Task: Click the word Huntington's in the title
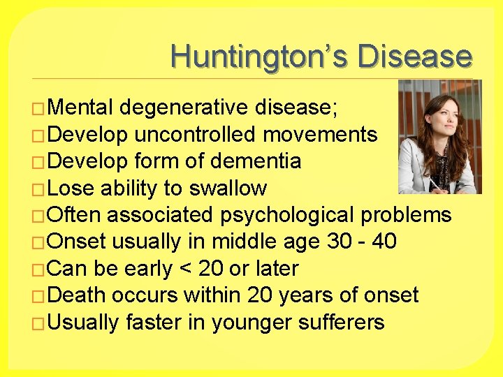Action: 259,57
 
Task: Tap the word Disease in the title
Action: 414,57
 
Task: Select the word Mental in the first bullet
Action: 82,108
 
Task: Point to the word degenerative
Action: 184,108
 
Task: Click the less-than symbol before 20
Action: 184,269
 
